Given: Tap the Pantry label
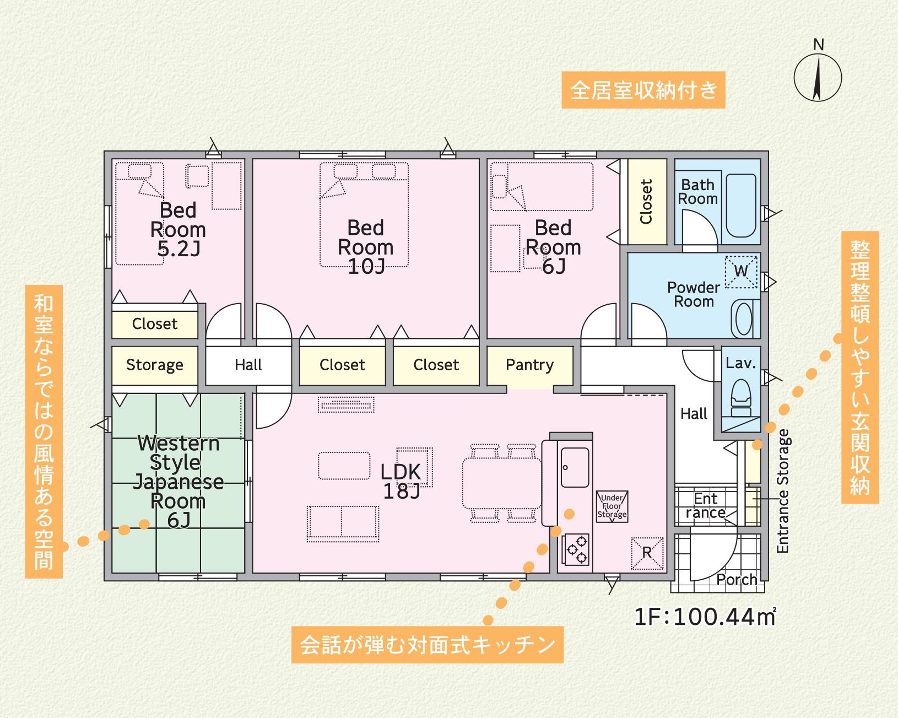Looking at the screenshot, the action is pos(529,365).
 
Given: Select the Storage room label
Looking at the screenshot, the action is pos(154,365).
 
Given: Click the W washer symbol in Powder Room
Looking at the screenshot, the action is pos(741,272).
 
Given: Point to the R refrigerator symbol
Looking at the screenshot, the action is pos(647,553).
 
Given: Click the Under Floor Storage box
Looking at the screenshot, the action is pos(612,506).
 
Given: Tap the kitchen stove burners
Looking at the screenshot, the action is pos(576,550).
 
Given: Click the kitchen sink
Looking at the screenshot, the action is pos(575,467).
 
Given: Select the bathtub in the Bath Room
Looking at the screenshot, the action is pos(741,206).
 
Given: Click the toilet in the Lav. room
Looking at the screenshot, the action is pos(741,398).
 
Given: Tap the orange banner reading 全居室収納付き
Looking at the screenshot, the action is pos(643,90).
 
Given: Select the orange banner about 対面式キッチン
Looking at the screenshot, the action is pos(428,645).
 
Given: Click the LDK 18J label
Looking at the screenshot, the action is pos(401,481).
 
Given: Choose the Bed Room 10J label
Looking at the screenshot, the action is pos(366,247).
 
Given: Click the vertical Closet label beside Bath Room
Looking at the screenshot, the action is pos(646,202).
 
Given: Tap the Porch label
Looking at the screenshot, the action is pos(737,579).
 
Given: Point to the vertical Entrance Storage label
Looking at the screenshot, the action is pos(783,491).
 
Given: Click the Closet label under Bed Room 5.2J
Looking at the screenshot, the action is pos(155,323).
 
